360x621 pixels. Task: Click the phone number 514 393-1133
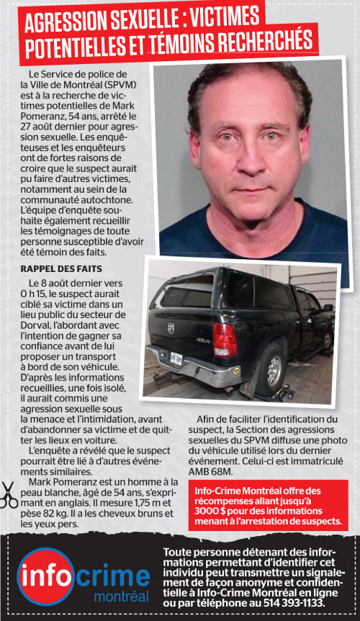(x=289, y=601)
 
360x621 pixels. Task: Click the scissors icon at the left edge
(x=9, y=494)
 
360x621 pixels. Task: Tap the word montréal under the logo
(x=122, y=597)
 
